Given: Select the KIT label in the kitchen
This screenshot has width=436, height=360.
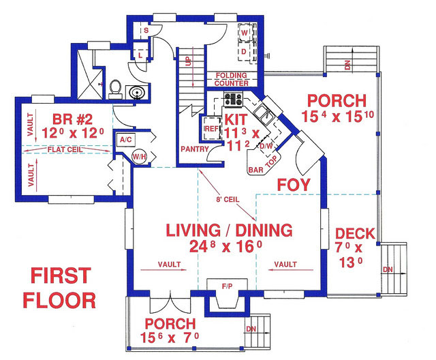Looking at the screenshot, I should click(x=232, y=119).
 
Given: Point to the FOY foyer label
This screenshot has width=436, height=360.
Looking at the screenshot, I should click(x=294, y=184).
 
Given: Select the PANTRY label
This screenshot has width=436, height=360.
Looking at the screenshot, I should click(x=194, y=148).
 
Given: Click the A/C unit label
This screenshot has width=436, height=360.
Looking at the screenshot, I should click(x=125, y=139).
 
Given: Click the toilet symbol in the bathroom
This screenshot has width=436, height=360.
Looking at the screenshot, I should click(x=115, y=89).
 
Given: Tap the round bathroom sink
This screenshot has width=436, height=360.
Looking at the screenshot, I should click(x=140, y=93).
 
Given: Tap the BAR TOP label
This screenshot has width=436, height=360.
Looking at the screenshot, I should click(x=264, y=164).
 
